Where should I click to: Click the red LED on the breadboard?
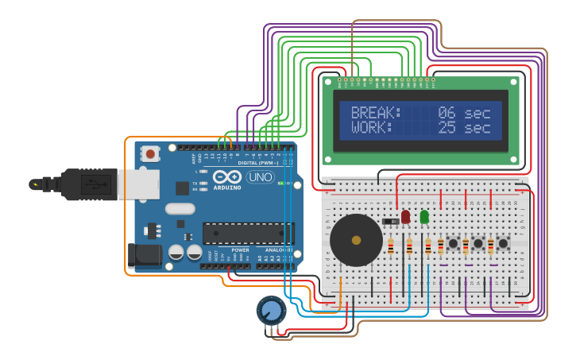(405, 215)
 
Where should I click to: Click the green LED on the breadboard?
(424, 215)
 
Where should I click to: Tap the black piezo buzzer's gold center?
(356, 240)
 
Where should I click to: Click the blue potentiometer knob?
(272, 310)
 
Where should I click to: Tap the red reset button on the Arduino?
(150, 154)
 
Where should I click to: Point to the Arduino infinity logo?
(226, 176)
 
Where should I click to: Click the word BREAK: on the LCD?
(377, 113)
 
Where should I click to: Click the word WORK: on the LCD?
(372, 127)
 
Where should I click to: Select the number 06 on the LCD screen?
(446, 113)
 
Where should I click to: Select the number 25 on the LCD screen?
(446, 127)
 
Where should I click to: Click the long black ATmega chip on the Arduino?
(248, 233)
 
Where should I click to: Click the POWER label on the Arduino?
(240, 250)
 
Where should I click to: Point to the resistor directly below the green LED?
(429, 246)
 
